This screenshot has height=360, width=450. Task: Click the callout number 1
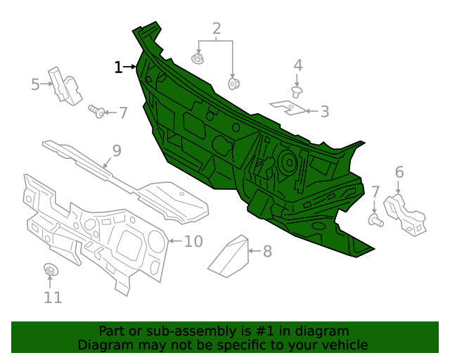[x=118, y=67]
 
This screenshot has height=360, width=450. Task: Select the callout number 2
[x=217, y=29]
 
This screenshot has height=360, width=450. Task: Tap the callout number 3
[x=324, y=111]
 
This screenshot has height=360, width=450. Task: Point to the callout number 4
[x=298, y=65]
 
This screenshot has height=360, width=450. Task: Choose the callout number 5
[x=35, y=85]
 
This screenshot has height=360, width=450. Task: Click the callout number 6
[x=399, y=172]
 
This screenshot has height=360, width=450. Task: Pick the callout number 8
[x=267, y=251]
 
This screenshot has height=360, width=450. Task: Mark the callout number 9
[x=117, y=150]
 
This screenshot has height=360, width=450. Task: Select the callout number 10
[x=193, y=242]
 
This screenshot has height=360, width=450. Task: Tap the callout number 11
[x=53, y=297]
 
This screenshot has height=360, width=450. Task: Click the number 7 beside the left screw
[x=123, y=112]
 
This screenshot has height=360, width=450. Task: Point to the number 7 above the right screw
[x=375, y=192]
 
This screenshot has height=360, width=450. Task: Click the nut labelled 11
[x=51, y=270]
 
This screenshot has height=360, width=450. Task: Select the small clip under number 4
[x=298, y=91]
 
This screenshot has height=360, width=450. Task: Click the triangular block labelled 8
[x=230, y=255]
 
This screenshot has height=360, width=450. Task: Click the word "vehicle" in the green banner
[x=345, y=345]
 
